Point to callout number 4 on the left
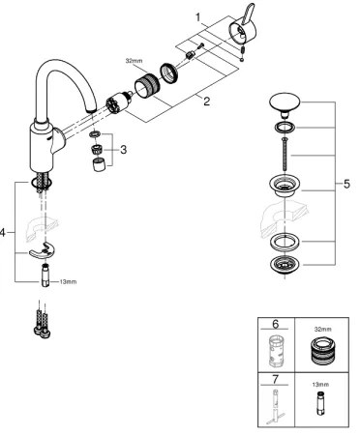(6, 232)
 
